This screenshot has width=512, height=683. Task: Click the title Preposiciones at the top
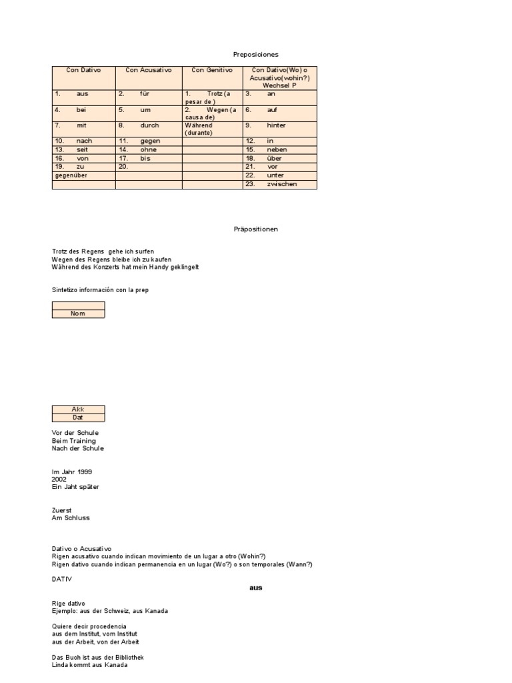[x=255, y=54]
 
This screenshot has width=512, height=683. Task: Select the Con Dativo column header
[x=83, y=70]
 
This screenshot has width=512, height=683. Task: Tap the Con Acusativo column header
[x=148, y=70]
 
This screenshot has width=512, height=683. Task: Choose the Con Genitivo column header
[x=212, y=70]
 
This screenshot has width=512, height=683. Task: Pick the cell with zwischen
[x=280, y=184]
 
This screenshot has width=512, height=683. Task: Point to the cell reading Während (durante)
[x=212, y=129]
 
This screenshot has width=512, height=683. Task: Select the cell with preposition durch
[x=148, y=125]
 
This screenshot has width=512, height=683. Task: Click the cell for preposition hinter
[x=280, y=125]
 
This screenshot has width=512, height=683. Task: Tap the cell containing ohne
[x=148, y=150]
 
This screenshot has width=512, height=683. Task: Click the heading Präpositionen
[x=255, y=229]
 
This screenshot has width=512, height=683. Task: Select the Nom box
[x=78, y=313]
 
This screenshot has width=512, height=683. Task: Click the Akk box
[x=78, y=410]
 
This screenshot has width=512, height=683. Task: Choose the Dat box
[x=78, y=418]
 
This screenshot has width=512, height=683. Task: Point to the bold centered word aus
[x=255, y=588]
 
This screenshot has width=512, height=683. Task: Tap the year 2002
[x=59, y=479]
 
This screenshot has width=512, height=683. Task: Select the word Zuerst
[x=62, y=510]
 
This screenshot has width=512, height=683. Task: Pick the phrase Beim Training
[x=73, y=441]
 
